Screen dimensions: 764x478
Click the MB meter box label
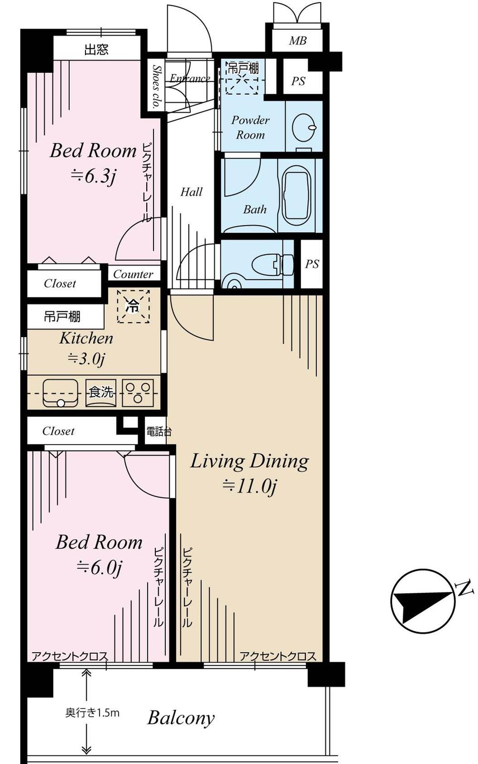297,41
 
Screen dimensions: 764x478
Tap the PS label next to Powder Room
298,81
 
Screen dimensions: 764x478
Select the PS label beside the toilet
312,263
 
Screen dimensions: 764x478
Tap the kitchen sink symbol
60,393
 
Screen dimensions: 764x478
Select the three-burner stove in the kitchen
138,393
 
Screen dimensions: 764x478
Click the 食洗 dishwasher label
101,392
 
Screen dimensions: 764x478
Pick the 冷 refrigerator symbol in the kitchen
133,306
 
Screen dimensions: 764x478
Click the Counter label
133,274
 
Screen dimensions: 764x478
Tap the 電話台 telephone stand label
158,432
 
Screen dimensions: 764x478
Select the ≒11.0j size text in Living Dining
250,486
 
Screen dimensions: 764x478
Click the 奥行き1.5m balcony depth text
92,713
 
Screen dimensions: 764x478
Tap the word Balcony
181,718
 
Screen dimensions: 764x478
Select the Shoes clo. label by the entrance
156,86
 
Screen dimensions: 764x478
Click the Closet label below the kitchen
58,431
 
